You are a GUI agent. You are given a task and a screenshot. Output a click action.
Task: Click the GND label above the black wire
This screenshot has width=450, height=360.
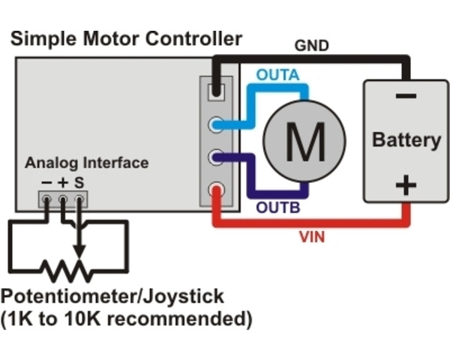pyautogui.click(x=312, y=46)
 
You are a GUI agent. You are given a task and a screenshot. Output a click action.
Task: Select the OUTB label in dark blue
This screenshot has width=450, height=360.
pyautogui.click(x=278, y=208)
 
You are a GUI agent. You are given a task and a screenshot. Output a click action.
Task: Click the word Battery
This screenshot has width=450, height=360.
pyautogui.click(x=406, y=139)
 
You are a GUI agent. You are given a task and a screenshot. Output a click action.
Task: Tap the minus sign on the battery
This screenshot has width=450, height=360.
pyautogui.click(x=406, y=97)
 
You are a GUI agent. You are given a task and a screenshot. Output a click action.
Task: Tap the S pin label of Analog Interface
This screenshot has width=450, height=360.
pyautogui.click(x=79, y=182)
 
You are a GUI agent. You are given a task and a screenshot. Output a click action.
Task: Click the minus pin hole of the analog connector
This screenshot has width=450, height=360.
pyautogui.click(x=47, y=199)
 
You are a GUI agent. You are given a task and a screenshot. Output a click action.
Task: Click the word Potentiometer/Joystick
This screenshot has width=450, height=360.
pyautogui.click(x=112, y=295)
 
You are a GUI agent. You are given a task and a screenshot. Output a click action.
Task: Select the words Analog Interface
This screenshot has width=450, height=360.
pyautogui.click(x=86, y=163)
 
